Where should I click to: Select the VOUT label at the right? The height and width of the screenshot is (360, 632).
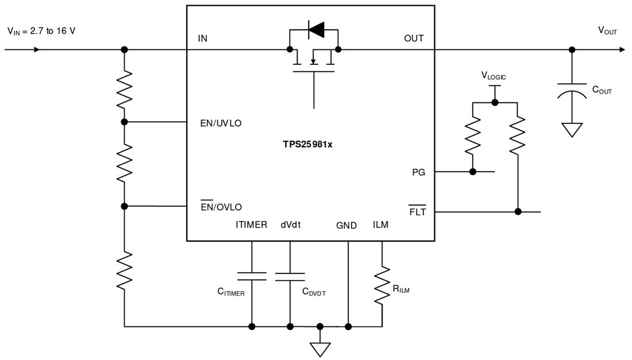(607, 31)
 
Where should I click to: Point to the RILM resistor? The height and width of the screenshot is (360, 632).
(382, 285)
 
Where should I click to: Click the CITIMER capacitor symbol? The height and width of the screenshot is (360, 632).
(252, 276)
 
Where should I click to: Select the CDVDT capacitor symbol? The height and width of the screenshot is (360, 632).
(290, 277)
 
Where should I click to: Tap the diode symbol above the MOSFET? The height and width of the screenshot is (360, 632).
(315, 29)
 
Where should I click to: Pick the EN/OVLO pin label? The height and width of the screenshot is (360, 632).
(221, 207)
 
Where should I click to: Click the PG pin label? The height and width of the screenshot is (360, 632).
(418, 172)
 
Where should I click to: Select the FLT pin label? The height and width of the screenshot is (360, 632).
(417, 212)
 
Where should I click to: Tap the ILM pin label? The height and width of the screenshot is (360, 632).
(380, 224)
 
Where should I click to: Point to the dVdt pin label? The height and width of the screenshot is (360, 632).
(291, 225)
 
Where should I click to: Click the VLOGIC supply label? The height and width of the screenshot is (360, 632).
(494, 75)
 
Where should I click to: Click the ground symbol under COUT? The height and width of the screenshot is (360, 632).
(572, 129)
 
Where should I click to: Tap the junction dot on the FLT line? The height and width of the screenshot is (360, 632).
(518, 212)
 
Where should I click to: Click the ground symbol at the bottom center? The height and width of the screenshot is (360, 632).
(320, 349)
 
